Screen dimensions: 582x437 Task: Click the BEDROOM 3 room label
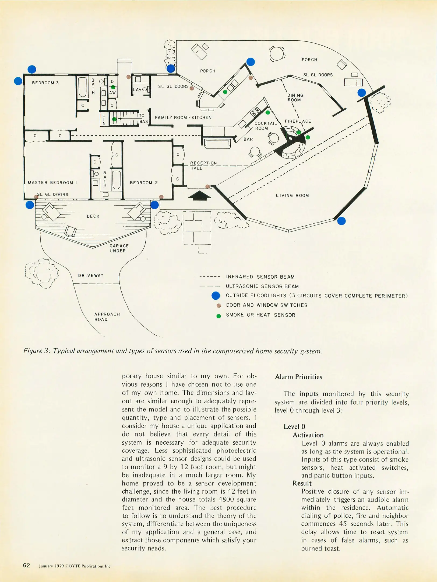pyautogui.click(x=45, y=83)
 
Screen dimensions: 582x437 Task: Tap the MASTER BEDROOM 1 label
pyautogui.click(x=52, y=182)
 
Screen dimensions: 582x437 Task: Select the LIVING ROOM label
pyautogui.click(x=292, y=195)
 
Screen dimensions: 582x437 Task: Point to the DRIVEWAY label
pyautogui.click(x=91, y=275)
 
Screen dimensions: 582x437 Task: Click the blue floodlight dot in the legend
pyautogui.click(x=216, y=296)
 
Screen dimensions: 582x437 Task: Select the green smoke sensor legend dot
pyautogui.click(x=219, y=316)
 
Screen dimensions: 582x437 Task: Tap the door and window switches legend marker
pyautogui.click(x=219, y=306)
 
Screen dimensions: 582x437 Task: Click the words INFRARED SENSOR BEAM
pyautogui.click(x=260, y=277)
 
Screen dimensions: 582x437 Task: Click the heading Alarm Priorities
pyautogui.click(x=298, y=377)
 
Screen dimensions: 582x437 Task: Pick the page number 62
pyautogui.click(x=26, y=565)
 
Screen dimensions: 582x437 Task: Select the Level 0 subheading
pyautogui.click(x=294, y=427)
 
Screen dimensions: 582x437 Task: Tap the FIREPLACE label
pyautogui.click(x=298, y=121)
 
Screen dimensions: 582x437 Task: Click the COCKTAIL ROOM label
pyautogui.click(x=265, y=126)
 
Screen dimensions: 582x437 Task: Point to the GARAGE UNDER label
pyautogui.click(x=119, y=248)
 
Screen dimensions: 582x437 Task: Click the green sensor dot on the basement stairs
pyautogui.click(x=114, y=119)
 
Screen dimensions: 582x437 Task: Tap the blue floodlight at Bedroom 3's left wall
pyautogui.click(x=18, y=81)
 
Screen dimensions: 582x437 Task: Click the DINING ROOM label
pyautogui.click(x=295, y=98)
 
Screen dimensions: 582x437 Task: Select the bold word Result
pyautogui.click(x=302, y=483)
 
